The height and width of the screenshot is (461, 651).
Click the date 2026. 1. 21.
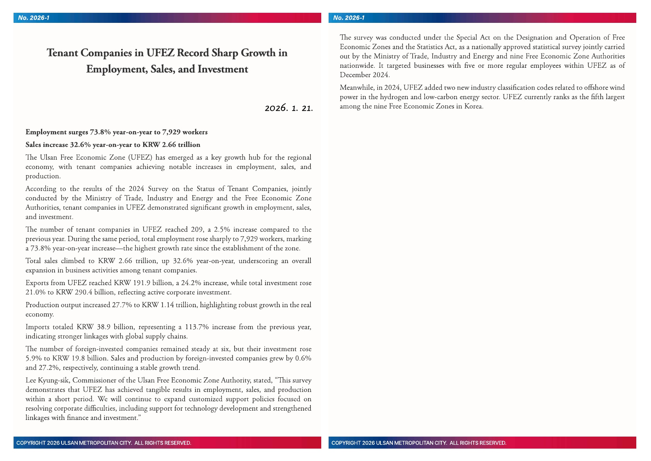point(289,108)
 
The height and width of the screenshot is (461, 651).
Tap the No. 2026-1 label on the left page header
point(34,18)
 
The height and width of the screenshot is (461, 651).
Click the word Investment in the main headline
point(223,69)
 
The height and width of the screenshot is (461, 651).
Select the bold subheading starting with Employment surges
point(116,132)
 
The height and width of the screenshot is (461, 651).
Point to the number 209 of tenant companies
point(197,229)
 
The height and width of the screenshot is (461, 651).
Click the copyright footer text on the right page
point(419,443)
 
